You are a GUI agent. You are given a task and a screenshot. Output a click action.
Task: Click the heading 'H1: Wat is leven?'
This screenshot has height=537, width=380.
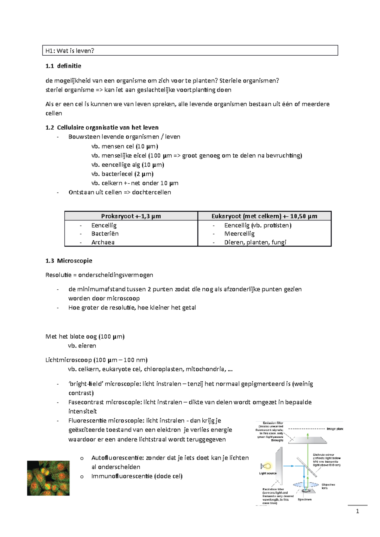coord(70,51)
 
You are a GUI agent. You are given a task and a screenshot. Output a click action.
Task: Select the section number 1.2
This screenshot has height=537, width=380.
coord(50,127)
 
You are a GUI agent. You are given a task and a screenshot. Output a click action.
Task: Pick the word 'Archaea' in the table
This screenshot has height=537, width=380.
coord(103,242)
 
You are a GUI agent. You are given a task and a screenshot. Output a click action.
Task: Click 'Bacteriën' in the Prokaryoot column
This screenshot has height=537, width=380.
coord(105,234)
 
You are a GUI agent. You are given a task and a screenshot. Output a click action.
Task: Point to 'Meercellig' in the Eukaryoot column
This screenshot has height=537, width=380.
coord(239,234)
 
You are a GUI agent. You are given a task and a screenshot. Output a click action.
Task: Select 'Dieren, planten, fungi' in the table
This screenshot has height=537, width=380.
coord(255,242)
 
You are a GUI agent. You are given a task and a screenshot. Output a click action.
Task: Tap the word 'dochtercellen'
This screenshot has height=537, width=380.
coord(151,192)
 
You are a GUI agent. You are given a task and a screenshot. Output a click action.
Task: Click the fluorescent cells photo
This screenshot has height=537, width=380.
coord(48,478)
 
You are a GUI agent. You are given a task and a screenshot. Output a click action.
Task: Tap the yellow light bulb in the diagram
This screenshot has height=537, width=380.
coord(268,466)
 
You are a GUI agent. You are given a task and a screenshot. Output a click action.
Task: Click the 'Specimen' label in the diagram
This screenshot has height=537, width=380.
coord(305,500)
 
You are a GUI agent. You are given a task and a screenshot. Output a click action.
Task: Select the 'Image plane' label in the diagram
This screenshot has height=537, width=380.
coord(335,429)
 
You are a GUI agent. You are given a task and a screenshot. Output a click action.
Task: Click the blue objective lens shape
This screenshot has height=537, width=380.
coord(306,485)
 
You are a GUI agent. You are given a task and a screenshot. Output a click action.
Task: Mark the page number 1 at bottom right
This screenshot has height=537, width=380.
coord(358,511)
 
